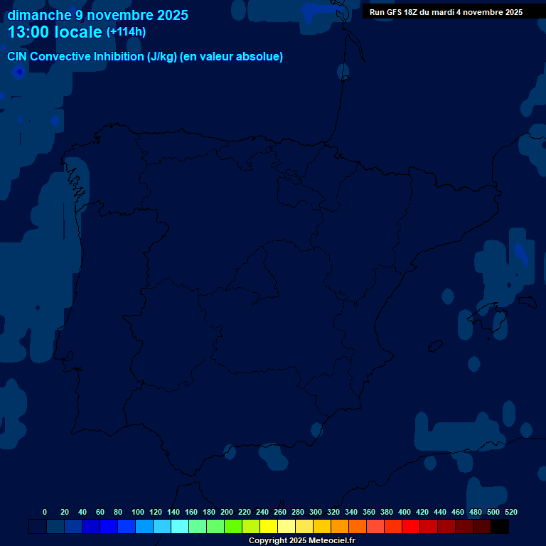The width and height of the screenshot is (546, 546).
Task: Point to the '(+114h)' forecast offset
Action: (126, 32)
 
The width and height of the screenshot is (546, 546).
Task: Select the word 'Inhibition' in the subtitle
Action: (118, 57)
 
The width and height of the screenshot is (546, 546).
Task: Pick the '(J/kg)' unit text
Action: (164, 57)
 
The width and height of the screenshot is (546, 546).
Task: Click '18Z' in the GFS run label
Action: (411, 12)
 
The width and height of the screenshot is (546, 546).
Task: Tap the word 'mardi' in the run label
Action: (444, 12)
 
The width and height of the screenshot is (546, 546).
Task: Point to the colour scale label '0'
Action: (45, 512)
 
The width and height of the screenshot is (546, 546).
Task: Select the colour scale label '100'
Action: (137, 512)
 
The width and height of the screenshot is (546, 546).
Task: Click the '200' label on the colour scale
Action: (227, 512)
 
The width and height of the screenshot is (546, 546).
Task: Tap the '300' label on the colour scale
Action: (316, 512)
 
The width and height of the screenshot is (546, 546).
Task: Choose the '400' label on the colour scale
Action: (405, 512)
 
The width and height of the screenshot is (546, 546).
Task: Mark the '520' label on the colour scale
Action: (510, 512)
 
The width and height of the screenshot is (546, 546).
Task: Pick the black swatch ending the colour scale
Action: (500, 527)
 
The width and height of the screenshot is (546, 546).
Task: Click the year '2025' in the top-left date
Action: (171, 15)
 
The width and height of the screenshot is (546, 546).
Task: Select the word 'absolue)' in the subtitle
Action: (261, 57)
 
